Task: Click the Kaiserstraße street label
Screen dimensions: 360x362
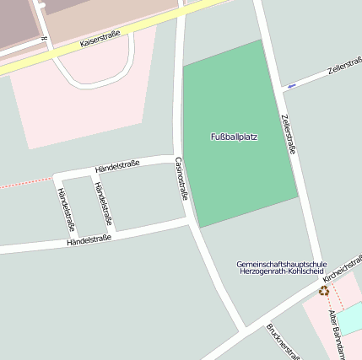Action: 100,39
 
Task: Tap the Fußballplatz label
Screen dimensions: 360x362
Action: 235,136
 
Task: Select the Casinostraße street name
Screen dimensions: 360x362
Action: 181,178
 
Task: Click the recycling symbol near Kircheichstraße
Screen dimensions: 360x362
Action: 324,291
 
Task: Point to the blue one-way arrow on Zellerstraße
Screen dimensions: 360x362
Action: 291,85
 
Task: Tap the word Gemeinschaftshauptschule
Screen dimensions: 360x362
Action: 281,264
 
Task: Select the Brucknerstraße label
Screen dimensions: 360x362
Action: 284,341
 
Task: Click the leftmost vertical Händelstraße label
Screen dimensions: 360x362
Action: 65,208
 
